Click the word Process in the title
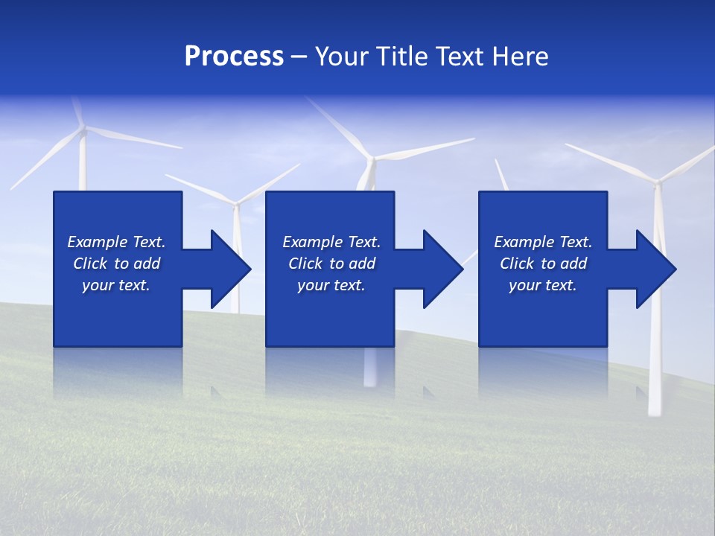(x=234, y=57)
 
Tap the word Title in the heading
(x=401, y=57)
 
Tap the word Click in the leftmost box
(x=90, y=264)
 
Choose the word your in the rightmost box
(x=524, y=285)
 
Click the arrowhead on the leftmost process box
(x=230, y=269)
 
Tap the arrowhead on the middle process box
(x=443, y=269)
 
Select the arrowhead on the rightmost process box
(x=656, y=269)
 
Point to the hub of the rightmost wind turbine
(x=657, y=181)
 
